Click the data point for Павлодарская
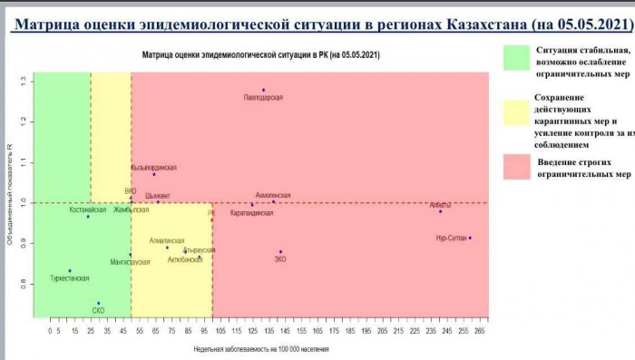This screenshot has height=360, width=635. click(263, 90)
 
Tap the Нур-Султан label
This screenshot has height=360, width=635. click(451, 238)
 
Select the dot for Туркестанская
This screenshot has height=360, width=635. click(69, 270)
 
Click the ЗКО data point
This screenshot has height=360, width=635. click(280, 251)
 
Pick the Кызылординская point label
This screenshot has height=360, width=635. click(153, 168)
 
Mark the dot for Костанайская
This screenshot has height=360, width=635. click(88, 217)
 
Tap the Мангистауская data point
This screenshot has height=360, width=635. click(130, 255)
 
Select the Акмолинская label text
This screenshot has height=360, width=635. click(273, 195)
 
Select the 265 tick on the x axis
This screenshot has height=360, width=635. click(480, 331)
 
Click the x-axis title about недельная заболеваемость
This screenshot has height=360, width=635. click(261, 348)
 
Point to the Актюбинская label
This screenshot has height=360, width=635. click(185, 259)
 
